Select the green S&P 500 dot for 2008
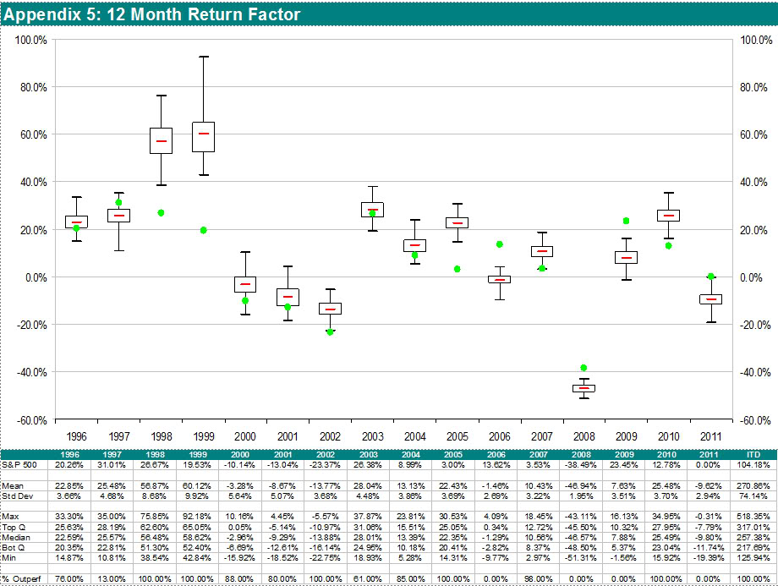click(x=583, y=368)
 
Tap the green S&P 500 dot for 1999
click(x=203, y=230)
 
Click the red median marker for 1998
click(x=161, y=141)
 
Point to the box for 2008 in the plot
click(x=583, y=388)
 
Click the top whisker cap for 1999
click(x=203, y=57)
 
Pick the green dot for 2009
click(x=626, y=221)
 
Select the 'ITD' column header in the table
click(x=753, y=455)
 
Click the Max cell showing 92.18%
click(x=203, y=514)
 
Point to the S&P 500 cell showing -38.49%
click(x=583, y=464)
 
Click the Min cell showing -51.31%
click(x=583, y=558)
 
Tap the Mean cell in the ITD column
click(x=753, y=486)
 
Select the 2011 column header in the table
click(x=710, y=455)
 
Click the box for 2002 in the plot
click(x=330, y=308)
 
